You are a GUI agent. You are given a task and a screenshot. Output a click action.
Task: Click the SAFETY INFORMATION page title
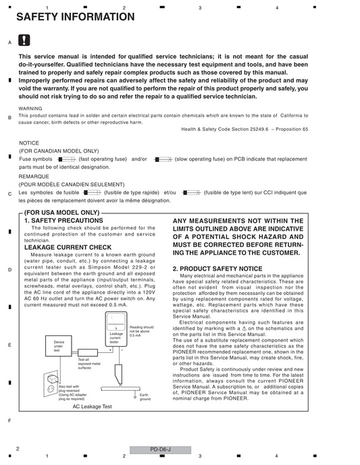76,17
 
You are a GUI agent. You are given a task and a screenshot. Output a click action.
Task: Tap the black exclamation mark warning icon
24,40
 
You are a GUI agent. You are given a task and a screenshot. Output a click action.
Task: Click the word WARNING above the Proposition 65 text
30,109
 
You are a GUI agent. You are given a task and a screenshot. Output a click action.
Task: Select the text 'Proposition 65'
292,130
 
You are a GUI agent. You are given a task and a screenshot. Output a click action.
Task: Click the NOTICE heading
29,143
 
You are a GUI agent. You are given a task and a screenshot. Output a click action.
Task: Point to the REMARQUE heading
34,176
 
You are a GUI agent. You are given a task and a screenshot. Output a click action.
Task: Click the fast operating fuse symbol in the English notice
67,159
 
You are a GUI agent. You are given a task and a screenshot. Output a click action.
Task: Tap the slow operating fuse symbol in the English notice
163,159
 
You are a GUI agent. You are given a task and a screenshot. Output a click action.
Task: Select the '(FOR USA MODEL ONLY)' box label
61,213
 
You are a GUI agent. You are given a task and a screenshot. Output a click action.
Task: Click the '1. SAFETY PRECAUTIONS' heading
63,221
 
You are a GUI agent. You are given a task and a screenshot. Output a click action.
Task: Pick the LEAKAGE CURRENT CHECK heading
68,247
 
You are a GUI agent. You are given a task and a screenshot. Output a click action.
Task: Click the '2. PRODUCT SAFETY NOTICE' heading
217,269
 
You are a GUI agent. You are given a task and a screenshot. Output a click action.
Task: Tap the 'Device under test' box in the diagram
59,346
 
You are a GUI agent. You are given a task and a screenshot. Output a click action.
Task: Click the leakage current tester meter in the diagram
116,329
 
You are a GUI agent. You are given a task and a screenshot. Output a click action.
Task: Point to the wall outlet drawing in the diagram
51,383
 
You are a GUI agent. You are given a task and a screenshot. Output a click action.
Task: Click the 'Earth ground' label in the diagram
145,397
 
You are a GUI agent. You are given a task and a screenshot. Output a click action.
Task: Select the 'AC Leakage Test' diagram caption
93,406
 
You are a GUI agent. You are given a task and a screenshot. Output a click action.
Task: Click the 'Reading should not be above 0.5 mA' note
142,331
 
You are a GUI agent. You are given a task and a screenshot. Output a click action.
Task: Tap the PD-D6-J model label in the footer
160,449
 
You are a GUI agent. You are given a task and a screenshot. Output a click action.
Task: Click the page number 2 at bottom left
18,449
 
